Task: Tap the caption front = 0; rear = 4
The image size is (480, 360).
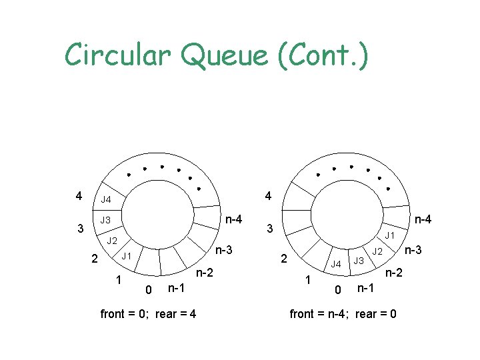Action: click(147, 313)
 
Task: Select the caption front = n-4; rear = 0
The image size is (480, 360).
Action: click(343, 313)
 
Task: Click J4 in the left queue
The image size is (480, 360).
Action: click(106, 199)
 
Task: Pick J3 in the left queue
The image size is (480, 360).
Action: click(105, 220)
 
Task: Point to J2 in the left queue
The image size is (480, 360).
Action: click(112, 240)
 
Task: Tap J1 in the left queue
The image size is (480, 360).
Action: click(125, 256)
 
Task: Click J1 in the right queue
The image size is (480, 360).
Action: click(390, 235)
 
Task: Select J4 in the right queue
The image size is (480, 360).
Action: click(336, 264)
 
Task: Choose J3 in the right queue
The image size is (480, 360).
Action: click(359, 260)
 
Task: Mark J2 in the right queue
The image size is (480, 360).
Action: click(377, 251)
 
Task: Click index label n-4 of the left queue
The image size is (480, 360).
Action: click(233, 219)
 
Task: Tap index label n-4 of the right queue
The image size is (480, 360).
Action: click(423, 219)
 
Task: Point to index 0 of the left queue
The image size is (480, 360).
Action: click(148, 289)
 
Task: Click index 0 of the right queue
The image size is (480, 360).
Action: click(338, 289)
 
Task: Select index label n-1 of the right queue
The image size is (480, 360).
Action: click(366, 288)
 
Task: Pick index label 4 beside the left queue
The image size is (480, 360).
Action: click(79, 196)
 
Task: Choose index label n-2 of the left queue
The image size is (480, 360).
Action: click(204, 273)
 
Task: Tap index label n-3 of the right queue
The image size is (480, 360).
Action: click(413, 250)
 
